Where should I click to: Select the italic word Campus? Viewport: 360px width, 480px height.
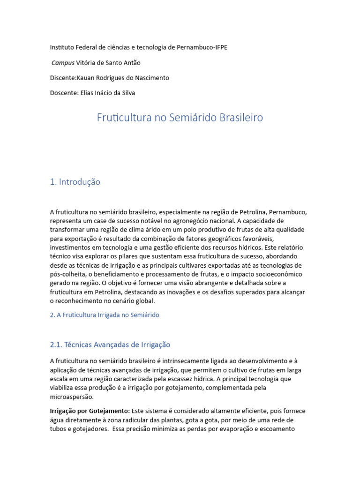tap(63, 63)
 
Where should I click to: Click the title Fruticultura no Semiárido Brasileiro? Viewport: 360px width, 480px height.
tap(180, 118)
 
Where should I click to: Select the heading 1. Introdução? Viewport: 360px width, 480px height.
tap(75, 182)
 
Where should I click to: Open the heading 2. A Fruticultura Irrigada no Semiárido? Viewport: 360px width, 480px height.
tap(105, 315)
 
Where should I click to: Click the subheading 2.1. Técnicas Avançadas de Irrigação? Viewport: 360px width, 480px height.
tap(110, 345)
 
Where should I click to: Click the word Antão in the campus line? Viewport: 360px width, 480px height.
tap(130, 63)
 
